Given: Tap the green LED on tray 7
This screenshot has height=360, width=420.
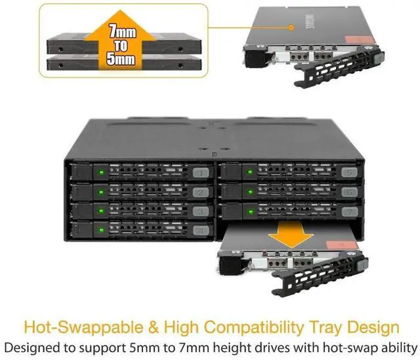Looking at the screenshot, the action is [249, 212].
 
